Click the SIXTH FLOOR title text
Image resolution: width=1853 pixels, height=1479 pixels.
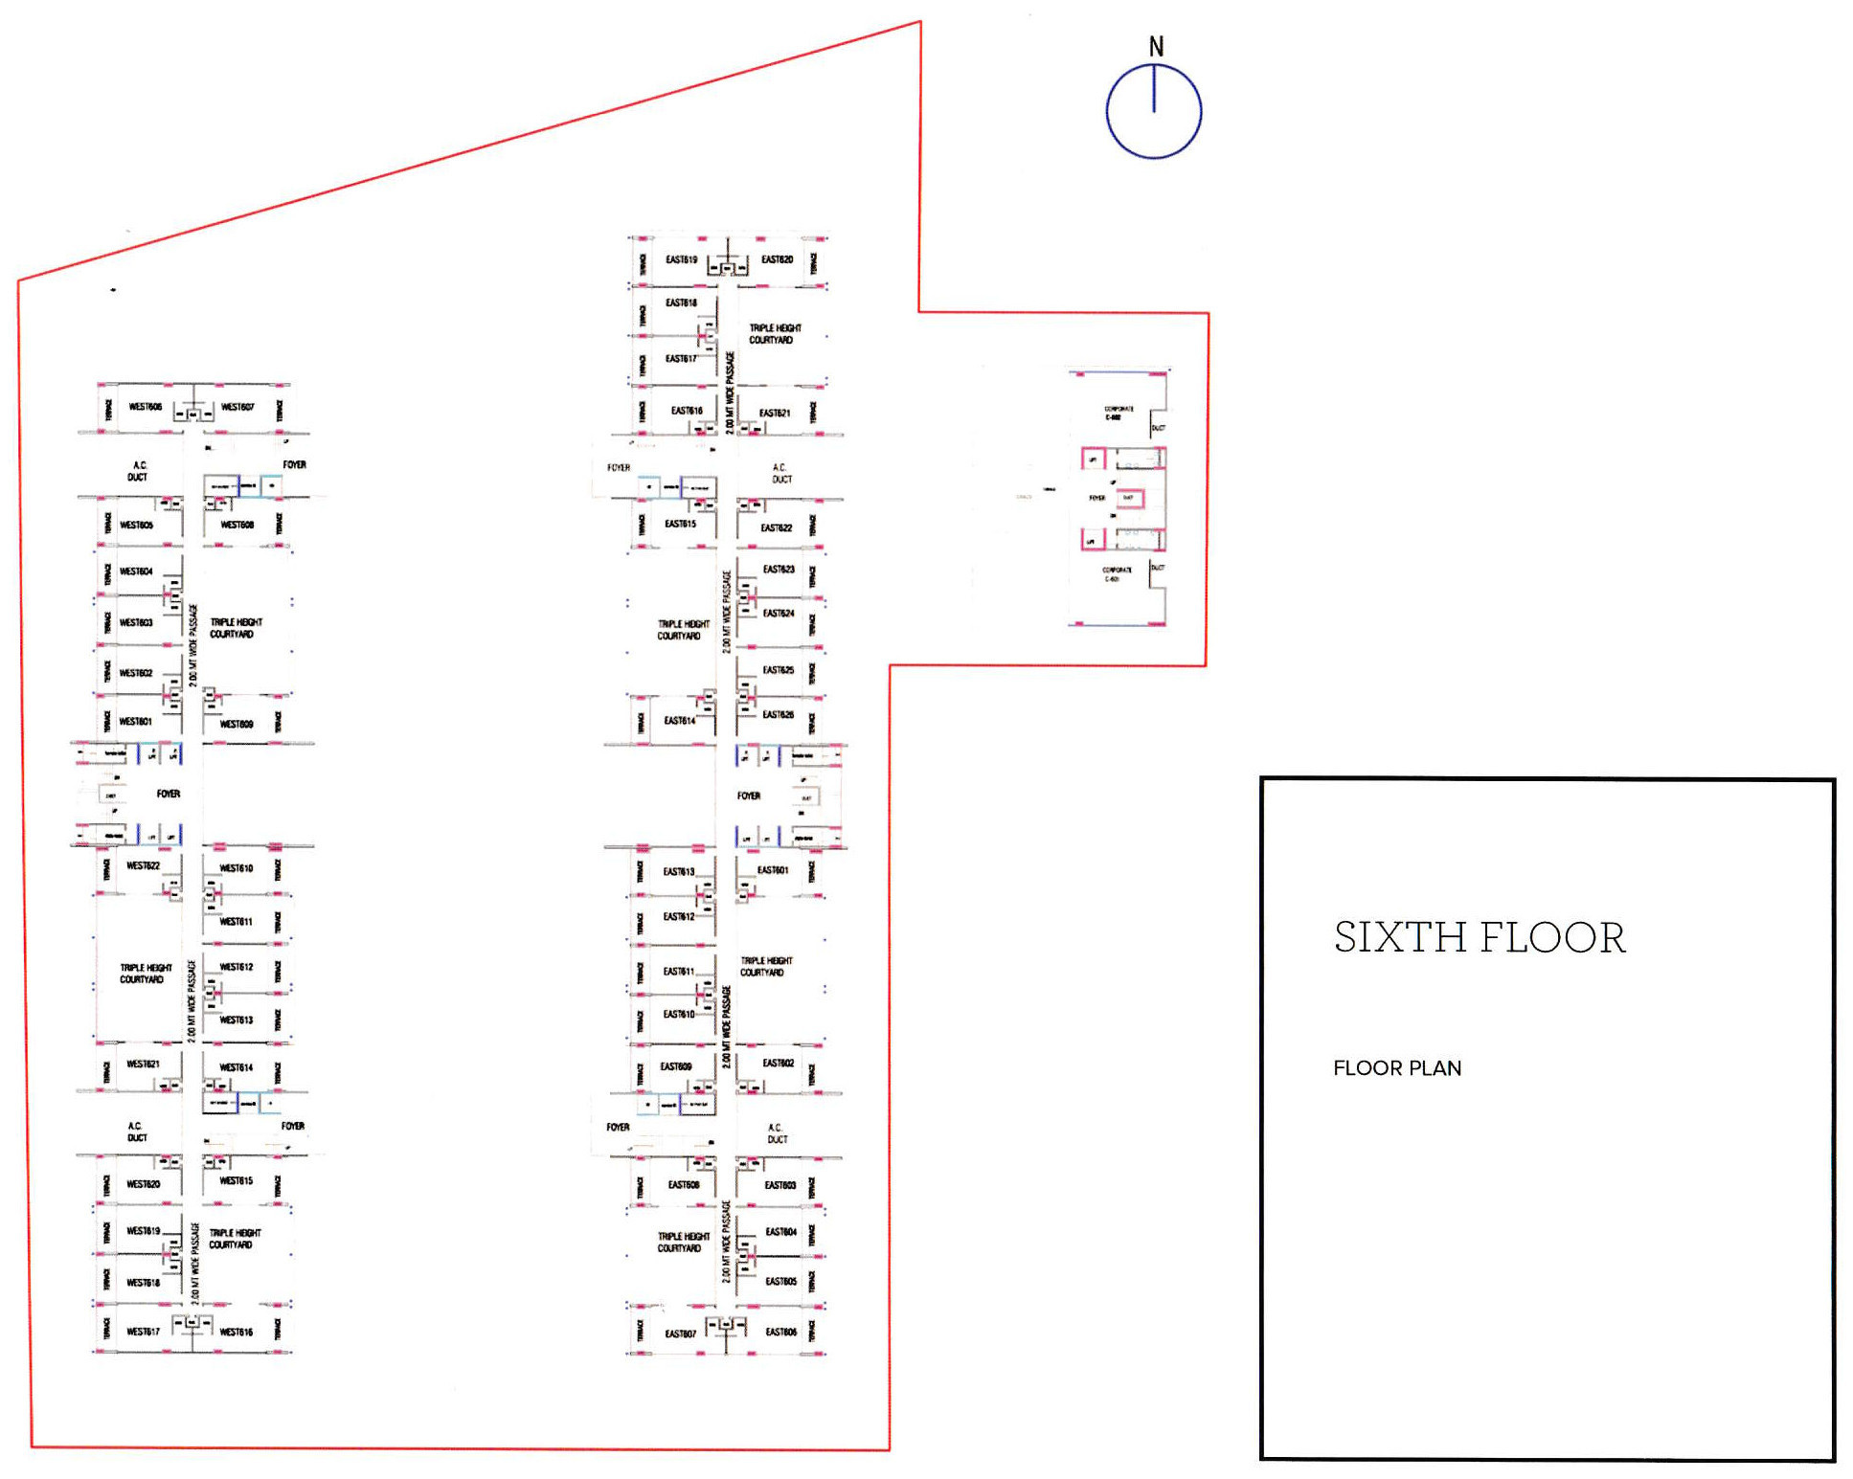[1479, 937]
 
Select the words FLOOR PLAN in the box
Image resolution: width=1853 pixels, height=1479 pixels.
[1396, 1068]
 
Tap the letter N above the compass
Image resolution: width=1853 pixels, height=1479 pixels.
[1156, 46]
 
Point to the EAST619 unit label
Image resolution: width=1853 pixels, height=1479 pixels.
[681, 259]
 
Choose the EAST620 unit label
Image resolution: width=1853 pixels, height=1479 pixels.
[777, 259]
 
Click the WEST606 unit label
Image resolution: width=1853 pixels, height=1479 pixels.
[146, 407]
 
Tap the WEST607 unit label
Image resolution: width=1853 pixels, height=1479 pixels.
[237, 407]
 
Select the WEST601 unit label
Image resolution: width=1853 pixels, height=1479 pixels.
[136, 722]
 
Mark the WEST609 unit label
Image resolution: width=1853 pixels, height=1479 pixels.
[237, 724]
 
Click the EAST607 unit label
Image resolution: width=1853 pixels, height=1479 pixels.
[680, 1333]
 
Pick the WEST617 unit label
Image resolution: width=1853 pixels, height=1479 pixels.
[143, 1332]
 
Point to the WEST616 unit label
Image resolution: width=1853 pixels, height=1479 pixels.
[237, 1332]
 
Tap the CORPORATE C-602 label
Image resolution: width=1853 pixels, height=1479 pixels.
[1118, 413]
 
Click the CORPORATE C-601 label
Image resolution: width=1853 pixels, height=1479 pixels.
[1116, 574]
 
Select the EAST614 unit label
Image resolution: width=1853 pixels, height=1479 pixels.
[679, 721]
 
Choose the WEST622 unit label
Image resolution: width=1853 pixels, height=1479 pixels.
[143, 865]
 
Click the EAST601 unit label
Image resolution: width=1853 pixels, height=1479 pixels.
[773, 870]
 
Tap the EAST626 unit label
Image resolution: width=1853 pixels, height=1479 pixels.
[778, 715]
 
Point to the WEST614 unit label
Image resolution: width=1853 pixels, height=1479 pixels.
[237, 1067]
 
